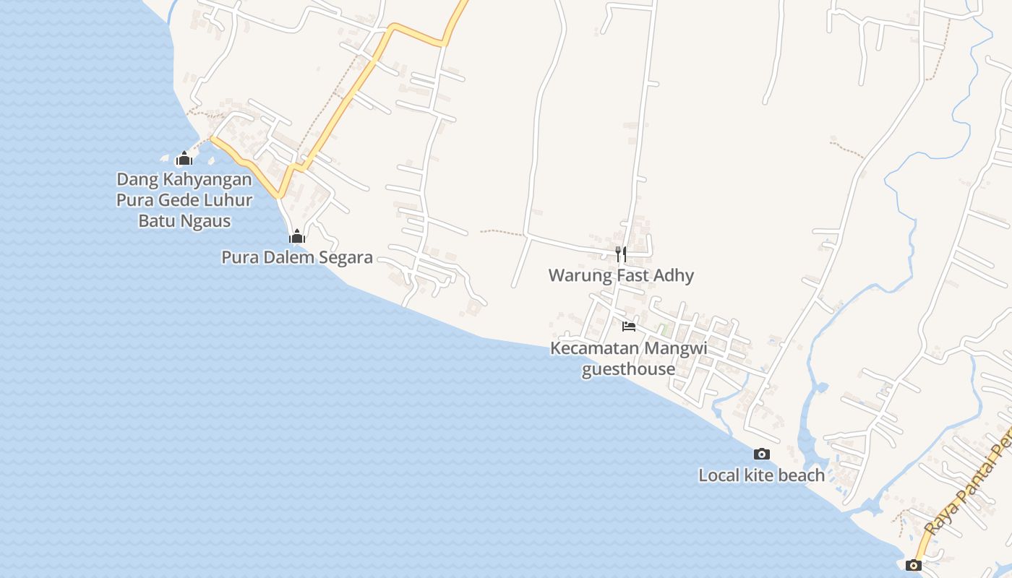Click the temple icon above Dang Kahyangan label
[184, 158]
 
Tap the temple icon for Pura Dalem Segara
[296, 236]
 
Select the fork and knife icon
[621, 254]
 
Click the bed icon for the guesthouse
[629, 327]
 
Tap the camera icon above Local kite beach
[761, 454]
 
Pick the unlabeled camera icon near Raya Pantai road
[914, 565]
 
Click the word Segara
[347, 257]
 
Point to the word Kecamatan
[595, 348]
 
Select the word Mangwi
[675, 348]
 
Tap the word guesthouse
[628, 369]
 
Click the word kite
[760, 475]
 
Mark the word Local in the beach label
[719, 475]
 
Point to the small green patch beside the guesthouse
[663, 329]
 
